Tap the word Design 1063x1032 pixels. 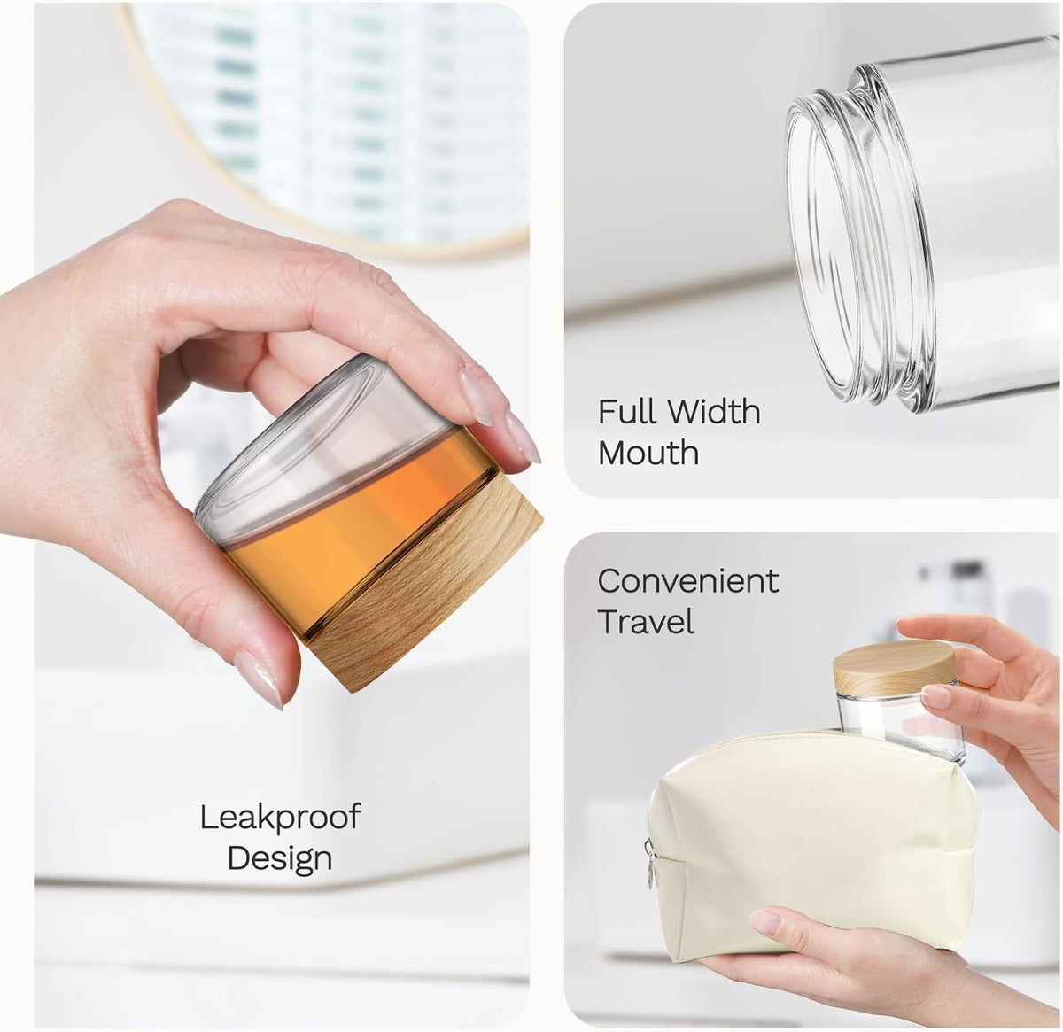pos(280,858)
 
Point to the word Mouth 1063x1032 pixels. pos(648,453)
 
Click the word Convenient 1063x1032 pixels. pos(688,581)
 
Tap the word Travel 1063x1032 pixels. pos(646,621)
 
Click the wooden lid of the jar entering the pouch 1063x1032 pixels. pos(895,665)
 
